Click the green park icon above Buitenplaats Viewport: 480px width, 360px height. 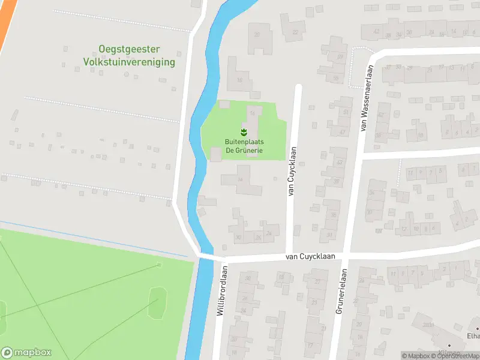click(244, 131)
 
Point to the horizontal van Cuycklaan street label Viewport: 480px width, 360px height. click(309, 256)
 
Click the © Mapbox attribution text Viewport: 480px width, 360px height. click(416, 356)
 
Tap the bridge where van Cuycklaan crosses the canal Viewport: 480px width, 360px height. click(206, 257)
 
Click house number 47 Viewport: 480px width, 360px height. click(342, 132)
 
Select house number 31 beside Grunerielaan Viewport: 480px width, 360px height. click(330, 235)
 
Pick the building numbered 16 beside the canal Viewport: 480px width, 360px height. click(239, 79)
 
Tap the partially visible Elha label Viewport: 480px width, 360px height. click(473, 336)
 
